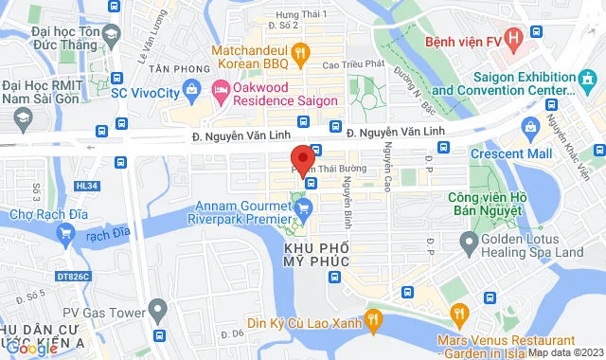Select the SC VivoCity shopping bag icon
click(x=190, y=90)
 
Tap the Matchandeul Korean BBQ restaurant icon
click(x=300, y=55)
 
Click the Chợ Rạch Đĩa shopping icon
click(x=65, y=232)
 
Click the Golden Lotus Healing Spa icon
click(x=471, y=243)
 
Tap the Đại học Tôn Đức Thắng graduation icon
click(x=110, y=35)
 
